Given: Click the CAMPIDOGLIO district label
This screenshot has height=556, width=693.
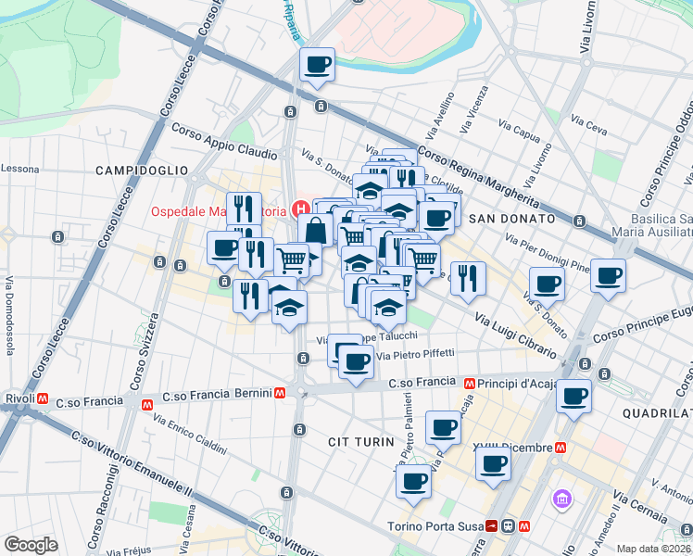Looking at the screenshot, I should pos(141,171).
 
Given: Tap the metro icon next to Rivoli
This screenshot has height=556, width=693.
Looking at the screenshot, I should pos(44,399).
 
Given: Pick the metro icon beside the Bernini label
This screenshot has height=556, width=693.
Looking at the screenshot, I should pos(146,404).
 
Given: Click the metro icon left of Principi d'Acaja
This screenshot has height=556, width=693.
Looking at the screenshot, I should pos(471,383).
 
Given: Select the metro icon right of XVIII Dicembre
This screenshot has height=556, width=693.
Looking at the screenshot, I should pos(561,447).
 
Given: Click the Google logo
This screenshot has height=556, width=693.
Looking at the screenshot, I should pos(31,545).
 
